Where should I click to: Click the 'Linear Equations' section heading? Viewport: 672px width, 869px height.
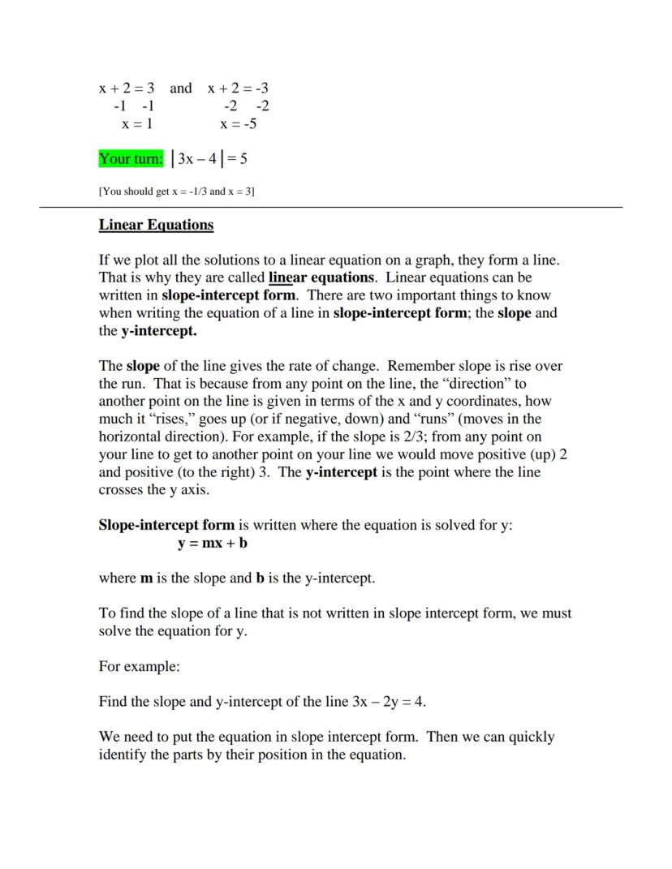pyautogui.click(x=156, y=226)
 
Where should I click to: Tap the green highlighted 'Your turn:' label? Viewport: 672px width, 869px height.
pyautogui.click(x=131, y=159)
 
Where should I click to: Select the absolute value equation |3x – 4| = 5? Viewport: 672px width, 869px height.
pyautogui.click(x=209, y=159)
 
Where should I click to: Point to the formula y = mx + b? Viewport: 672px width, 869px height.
pyautogui.click(x=213, y=543)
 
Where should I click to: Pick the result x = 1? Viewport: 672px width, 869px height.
pyautogui.click(x=137, y=124)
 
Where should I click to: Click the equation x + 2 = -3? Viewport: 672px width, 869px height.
pyautogui.click(x=238, y=88)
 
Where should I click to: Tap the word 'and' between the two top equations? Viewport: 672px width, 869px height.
pyautogui.click(x=181, y=88)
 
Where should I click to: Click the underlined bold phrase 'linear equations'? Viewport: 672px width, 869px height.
pyautogui.click(x=321, y=278)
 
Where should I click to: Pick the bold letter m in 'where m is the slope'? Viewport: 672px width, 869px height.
pyautogui.click(x=146, y=579)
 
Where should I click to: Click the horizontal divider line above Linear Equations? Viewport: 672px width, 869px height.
pyautogui.click(x=331, y=208)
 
